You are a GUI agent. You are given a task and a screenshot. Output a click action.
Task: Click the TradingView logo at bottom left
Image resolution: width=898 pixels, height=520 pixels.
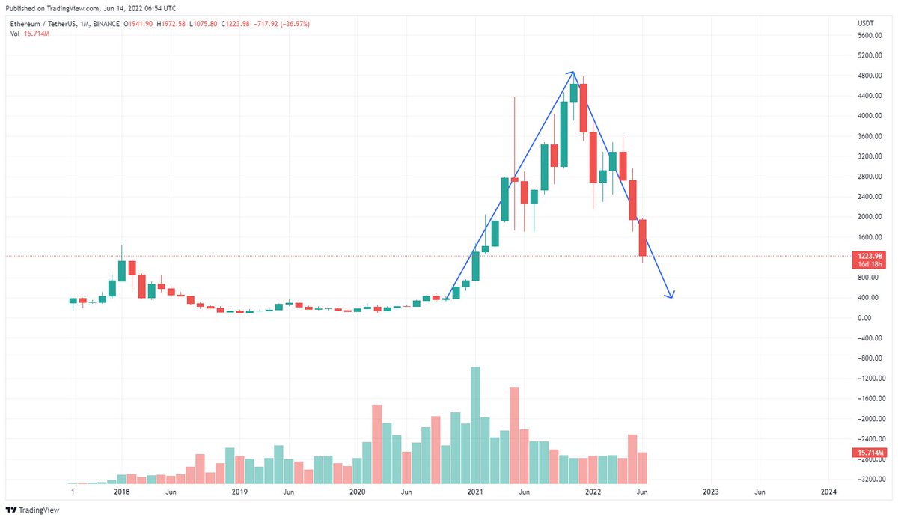[x=34, y=510]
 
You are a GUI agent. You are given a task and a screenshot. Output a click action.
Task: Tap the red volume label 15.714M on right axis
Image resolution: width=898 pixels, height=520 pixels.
[x=869, y=453]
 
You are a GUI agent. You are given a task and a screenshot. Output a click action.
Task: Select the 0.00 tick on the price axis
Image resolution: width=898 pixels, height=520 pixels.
[x=864, y=318]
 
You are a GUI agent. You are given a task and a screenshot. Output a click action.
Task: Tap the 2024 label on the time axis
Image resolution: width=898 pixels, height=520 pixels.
[x=828, y=492]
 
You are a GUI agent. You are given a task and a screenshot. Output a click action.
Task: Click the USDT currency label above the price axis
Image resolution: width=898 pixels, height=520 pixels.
[x=865, y=24]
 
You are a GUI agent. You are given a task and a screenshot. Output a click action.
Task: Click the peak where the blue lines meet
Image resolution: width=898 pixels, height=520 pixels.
[x=573, y=72]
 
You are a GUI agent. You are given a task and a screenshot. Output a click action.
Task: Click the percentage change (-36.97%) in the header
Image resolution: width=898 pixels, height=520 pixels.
[x=294, y=24]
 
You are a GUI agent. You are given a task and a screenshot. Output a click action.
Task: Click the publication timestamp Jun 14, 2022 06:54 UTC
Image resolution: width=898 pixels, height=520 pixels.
[x=135, y=8]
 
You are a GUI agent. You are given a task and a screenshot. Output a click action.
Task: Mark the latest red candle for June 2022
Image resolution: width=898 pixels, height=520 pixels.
[x=642, y=238]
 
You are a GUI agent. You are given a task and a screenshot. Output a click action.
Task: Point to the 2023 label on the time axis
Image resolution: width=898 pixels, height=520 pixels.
[x=711, y=492]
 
